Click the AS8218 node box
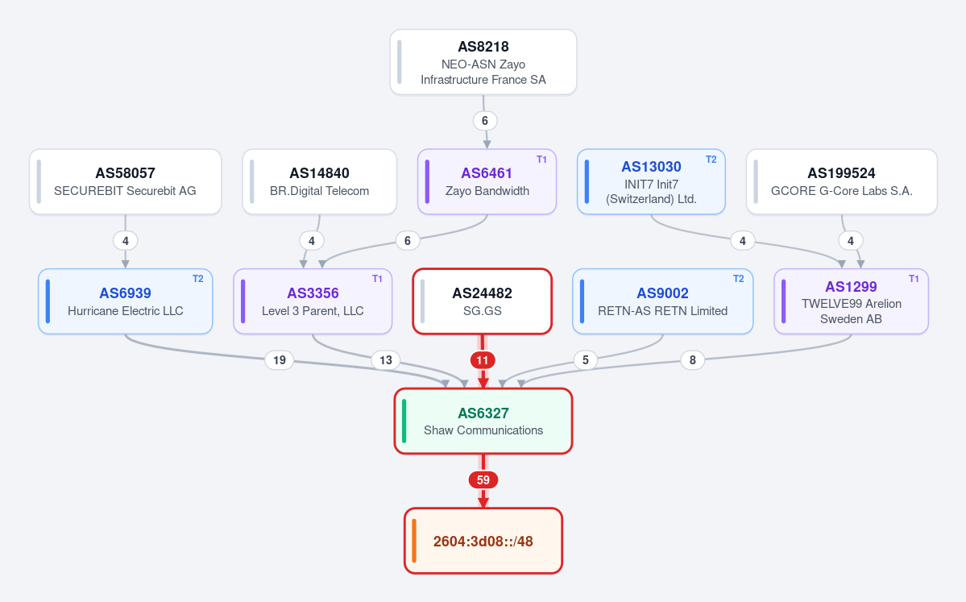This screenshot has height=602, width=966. pos(483,62)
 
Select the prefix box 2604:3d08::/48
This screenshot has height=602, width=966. pos(483,541)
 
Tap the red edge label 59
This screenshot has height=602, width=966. pos(483,480)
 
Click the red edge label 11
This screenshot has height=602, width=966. pos(483,360)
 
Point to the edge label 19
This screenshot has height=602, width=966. pos(279,360)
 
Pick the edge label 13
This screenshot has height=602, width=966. pos(386,360)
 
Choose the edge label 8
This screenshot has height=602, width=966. pos(692,360)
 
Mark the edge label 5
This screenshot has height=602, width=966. pos(585,360)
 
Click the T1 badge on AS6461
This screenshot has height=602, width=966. pos(541,160)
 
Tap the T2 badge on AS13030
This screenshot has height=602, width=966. pos(711,160)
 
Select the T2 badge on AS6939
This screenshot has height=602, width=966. pos(197,279)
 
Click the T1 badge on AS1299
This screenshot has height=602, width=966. pos(914,279)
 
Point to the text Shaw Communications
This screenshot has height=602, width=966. pos(483,430)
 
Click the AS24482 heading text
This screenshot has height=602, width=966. pos(483,293)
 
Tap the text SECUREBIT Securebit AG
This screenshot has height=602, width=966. pos(125,191)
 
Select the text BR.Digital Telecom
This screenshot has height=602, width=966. pos(319,191)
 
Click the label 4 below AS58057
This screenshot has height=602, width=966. pos(125,241)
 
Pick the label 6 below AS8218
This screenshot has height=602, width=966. pos(485,121)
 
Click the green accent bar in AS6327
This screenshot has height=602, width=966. pos(404,421)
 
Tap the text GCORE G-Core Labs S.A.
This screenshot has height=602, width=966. pos(842,191)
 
